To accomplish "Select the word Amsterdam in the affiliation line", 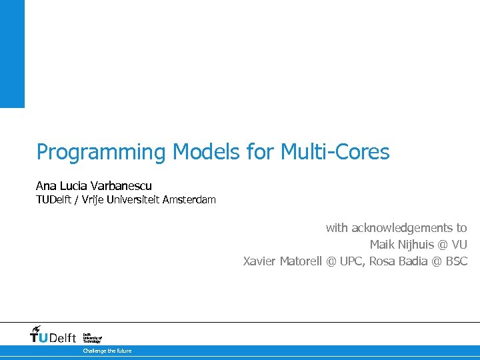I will tap(190, 199).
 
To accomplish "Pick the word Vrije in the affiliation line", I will tap(95, 199).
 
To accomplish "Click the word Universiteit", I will tap(136, 199).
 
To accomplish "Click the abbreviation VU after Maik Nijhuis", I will tap(459, 245).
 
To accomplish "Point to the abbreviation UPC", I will tap(351, 261).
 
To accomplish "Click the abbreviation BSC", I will tap(457, 261).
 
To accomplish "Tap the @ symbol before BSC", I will tap(437, 261).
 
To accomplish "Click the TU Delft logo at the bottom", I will tap(53, 335).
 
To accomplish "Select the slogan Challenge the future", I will tap(107, 351).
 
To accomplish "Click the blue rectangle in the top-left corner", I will tap(12, 53).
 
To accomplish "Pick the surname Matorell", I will tap(300, 261).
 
